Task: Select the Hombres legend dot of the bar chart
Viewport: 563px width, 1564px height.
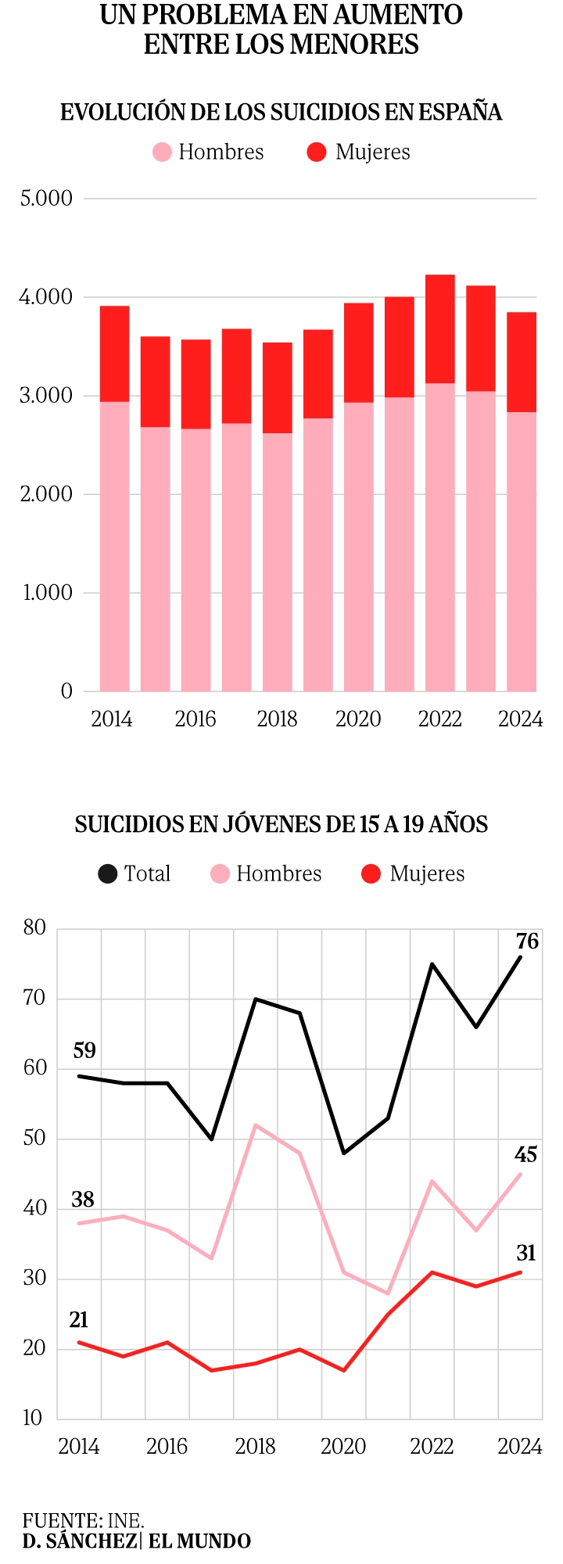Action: [x=162, y=152]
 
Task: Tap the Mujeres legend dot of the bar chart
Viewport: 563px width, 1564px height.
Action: [x=317, y=152]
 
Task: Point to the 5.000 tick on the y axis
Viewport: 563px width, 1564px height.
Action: [x=46, y=199]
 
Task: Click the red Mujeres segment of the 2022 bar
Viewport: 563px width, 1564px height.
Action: [x=439, y=328]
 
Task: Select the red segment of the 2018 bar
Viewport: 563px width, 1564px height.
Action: [x=277, y=388]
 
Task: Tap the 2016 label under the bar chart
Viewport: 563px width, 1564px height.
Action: [x=195, y=719]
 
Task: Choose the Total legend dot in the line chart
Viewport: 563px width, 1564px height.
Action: [x=107, y=873]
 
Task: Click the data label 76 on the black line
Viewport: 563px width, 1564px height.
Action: [x=527, y=942]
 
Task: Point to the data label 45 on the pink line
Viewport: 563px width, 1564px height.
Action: [x=525, y=1154]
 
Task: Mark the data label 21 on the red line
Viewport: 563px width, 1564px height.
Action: [x=79, y=1320]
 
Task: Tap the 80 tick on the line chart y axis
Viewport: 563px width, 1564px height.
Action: [x=35, y=928]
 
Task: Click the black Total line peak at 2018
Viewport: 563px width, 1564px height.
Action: [x=256, y=999]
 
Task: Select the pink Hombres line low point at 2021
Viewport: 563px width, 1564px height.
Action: [x=388, y=1293]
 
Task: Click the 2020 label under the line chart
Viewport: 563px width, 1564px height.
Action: [x=343, y=1447]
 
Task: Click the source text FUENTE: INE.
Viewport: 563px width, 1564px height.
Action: [x=83, y=1520]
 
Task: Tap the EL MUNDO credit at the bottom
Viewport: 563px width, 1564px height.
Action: [x=199, y=1541]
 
